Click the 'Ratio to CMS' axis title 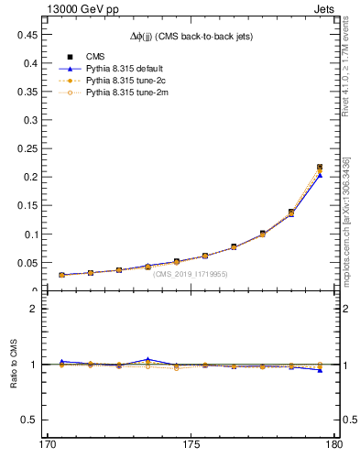[14, 364]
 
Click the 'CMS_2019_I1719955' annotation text [190, 274]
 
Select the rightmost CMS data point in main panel [320, 168]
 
